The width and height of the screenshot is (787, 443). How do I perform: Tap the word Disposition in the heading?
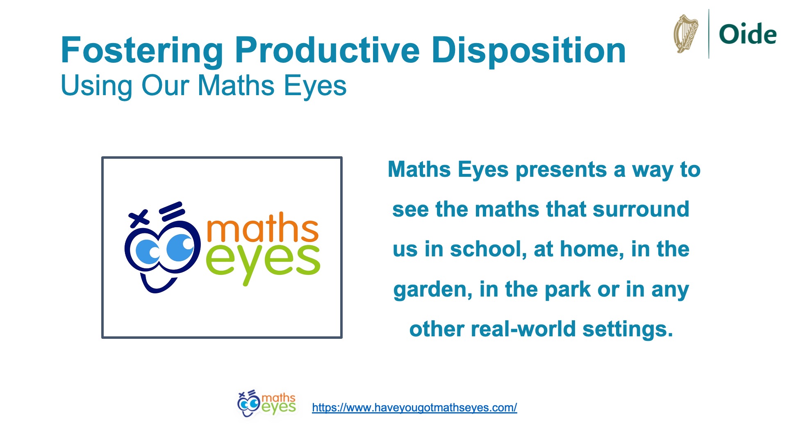point(529,51)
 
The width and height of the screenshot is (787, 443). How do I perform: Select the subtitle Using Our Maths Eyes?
point(203,87)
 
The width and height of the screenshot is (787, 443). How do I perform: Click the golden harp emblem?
point(686,34)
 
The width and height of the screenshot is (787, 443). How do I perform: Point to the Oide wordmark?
point(748,34)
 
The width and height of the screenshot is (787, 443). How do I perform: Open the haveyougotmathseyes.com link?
point(414,408)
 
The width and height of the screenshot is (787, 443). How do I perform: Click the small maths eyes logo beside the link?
point(266,404)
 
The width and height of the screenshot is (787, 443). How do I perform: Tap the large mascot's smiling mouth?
point(158,283)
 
